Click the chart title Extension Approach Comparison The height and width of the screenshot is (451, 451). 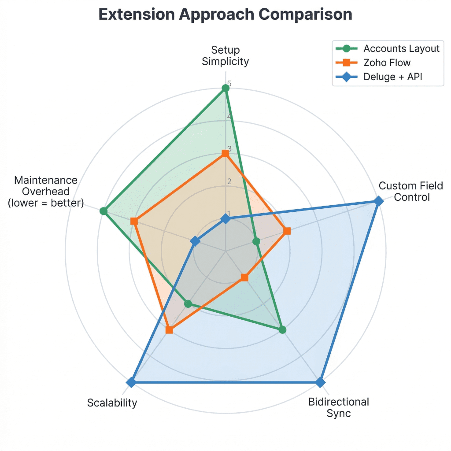(x=225, y=15)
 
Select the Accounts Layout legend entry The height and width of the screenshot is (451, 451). (x=401, y=48)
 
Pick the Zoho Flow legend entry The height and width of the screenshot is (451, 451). (x=387, y=63)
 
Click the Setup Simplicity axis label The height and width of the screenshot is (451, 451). (x=225, y=55)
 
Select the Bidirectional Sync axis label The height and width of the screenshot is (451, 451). (x=338, y=407)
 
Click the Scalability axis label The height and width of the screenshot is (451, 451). (x=112, y=403)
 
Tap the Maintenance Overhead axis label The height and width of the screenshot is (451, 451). (x=46, y=192)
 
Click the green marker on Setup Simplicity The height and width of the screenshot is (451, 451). (x=225, y=88)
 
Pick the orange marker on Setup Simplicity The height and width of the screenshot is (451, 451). (x=225, y=153)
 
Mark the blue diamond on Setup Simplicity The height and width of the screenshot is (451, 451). (x=225, y=218)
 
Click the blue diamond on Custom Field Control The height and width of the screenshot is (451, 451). (x=378, y=201)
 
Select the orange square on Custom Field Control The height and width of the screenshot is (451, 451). (x=287, y=231)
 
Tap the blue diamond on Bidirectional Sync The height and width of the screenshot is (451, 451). (x=320, y=382)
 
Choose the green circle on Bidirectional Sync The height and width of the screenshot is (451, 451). (x=282, y=329)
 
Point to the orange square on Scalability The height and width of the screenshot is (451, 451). (x=169, y=329)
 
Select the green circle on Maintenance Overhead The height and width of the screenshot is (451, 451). (x=104, y=211)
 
